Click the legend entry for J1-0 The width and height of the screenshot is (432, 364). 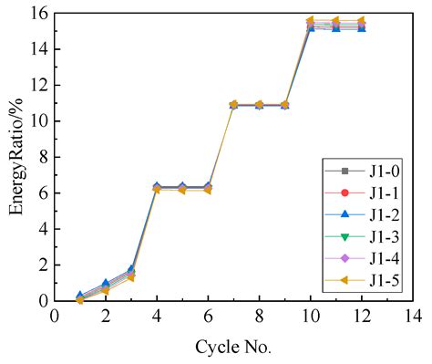[364, 171]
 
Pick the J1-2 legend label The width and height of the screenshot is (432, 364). [364, 215]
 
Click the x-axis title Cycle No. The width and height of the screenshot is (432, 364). [233, 348]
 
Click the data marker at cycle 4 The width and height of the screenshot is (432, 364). [157, 188]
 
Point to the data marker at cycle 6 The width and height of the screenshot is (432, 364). [208, 188]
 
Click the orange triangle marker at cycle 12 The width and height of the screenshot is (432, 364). [361, 20]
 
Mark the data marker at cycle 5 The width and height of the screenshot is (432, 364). [182, 188]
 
